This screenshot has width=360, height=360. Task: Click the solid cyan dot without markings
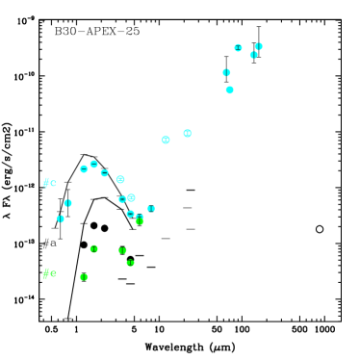point(229,90)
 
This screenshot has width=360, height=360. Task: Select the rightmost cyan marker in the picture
point(259,46)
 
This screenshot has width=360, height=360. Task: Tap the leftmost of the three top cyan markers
point(238,47)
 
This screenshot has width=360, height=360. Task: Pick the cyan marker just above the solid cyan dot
point(226,72)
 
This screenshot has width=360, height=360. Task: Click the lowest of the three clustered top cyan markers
point(253,55)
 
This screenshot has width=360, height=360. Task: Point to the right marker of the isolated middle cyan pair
point(187,133)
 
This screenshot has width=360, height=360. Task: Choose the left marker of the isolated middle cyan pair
point(166,140)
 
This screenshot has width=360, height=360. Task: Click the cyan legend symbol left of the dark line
point(47,182)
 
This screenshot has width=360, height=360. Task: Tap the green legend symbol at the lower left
point(47,273)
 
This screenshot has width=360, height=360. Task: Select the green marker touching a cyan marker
point(140,220)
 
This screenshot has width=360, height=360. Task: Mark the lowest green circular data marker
point(84,276)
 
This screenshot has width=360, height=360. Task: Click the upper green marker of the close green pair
point(122,250)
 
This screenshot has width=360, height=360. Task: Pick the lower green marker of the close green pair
point(130,262)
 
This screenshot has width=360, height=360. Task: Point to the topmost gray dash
point(188,207)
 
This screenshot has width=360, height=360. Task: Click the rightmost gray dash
point(191,228)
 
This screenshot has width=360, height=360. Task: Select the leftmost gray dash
point(166,238)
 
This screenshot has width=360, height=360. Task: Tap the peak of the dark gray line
point(84,154)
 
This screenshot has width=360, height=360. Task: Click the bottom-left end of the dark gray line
point(55,227)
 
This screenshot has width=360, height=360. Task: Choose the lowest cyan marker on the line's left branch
point(61,219)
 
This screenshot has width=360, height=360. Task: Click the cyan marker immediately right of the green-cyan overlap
point(151,208)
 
